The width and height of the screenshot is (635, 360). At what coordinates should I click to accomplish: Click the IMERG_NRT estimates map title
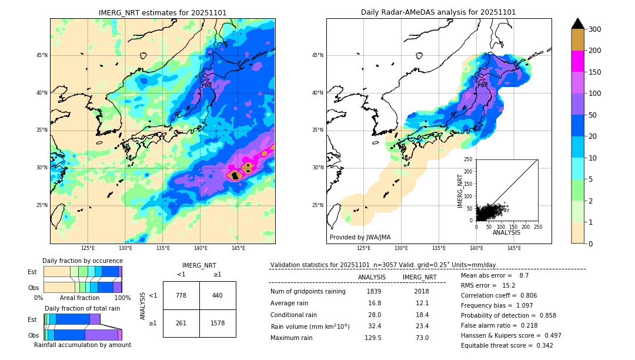coord(162,12)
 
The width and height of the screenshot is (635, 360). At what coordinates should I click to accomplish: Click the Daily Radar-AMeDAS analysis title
coord(438,12)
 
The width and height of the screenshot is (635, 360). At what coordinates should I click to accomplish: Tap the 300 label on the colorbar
coord(594,29)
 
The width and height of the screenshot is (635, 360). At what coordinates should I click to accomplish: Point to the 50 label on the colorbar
coord(593,115)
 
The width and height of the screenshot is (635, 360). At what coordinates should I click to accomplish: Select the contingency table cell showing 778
coord(181,295)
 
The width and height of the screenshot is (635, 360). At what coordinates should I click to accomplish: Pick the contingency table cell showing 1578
coord(217,323)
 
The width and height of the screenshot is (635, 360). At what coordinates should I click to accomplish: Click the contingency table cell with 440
coord(217,295)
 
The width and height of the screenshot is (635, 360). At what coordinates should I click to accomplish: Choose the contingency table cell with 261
coord(181,323)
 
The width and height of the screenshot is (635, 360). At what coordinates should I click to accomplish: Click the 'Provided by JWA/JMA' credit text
coord(360,237)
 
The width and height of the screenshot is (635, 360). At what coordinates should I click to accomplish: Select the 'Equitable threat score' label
coord(496,345)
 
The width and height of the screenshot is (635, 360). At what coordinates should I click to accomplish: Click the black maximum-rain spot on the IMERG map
coord(235,175)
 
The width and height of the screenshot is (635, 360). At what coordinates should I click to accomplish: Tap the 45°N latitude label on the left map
coord(42,55)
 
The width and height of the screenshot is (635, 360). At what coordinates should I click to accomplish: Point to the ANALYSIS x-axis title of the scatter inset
coord(506,232)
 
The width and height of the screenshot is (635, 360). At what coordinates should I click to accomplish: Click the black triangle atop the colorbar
coord(578,24)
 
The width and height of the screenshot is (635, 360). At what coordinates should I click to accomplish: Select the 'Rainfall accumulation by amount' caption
coord(82,345)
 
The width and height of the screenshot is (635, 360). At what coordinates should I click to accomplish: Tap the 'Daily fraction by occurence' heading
coord(82,261)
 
